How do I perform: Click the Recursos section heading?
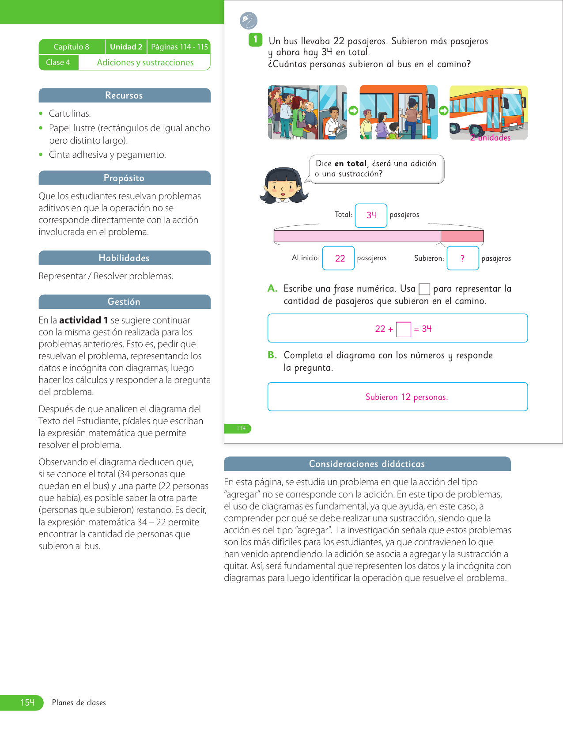(124, 95)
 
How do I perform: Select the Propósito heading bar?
(124, 178)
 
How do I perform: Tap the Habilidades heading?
(124, 258)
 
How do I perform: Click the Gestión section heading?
(124, 302)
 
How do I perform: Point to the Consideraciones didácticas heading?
(367, 464)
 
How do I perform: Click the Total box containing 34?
(371, 215)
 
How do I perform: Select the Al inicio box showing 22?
(339, 258)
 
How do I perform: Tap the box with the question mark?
(463, 258)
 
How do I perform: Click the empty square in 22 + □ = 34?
(404, 330)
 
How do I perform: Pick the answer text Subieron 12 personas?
(406, 397)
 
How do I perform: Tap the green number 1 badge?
(255, 39)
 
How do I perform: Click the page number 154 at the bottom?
(27, 702)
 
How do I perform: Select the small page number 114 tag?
(241, 429)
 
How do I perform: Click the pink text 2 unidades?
(490, 138)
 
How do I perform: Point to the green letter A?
(272, 289)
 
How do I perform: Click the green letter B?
(272, 355)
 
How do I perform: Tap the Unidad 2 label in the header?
(126, 47)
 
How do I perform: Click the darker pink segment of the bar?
(462, 236)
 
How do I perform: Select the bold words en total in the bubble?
(351, 163)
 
